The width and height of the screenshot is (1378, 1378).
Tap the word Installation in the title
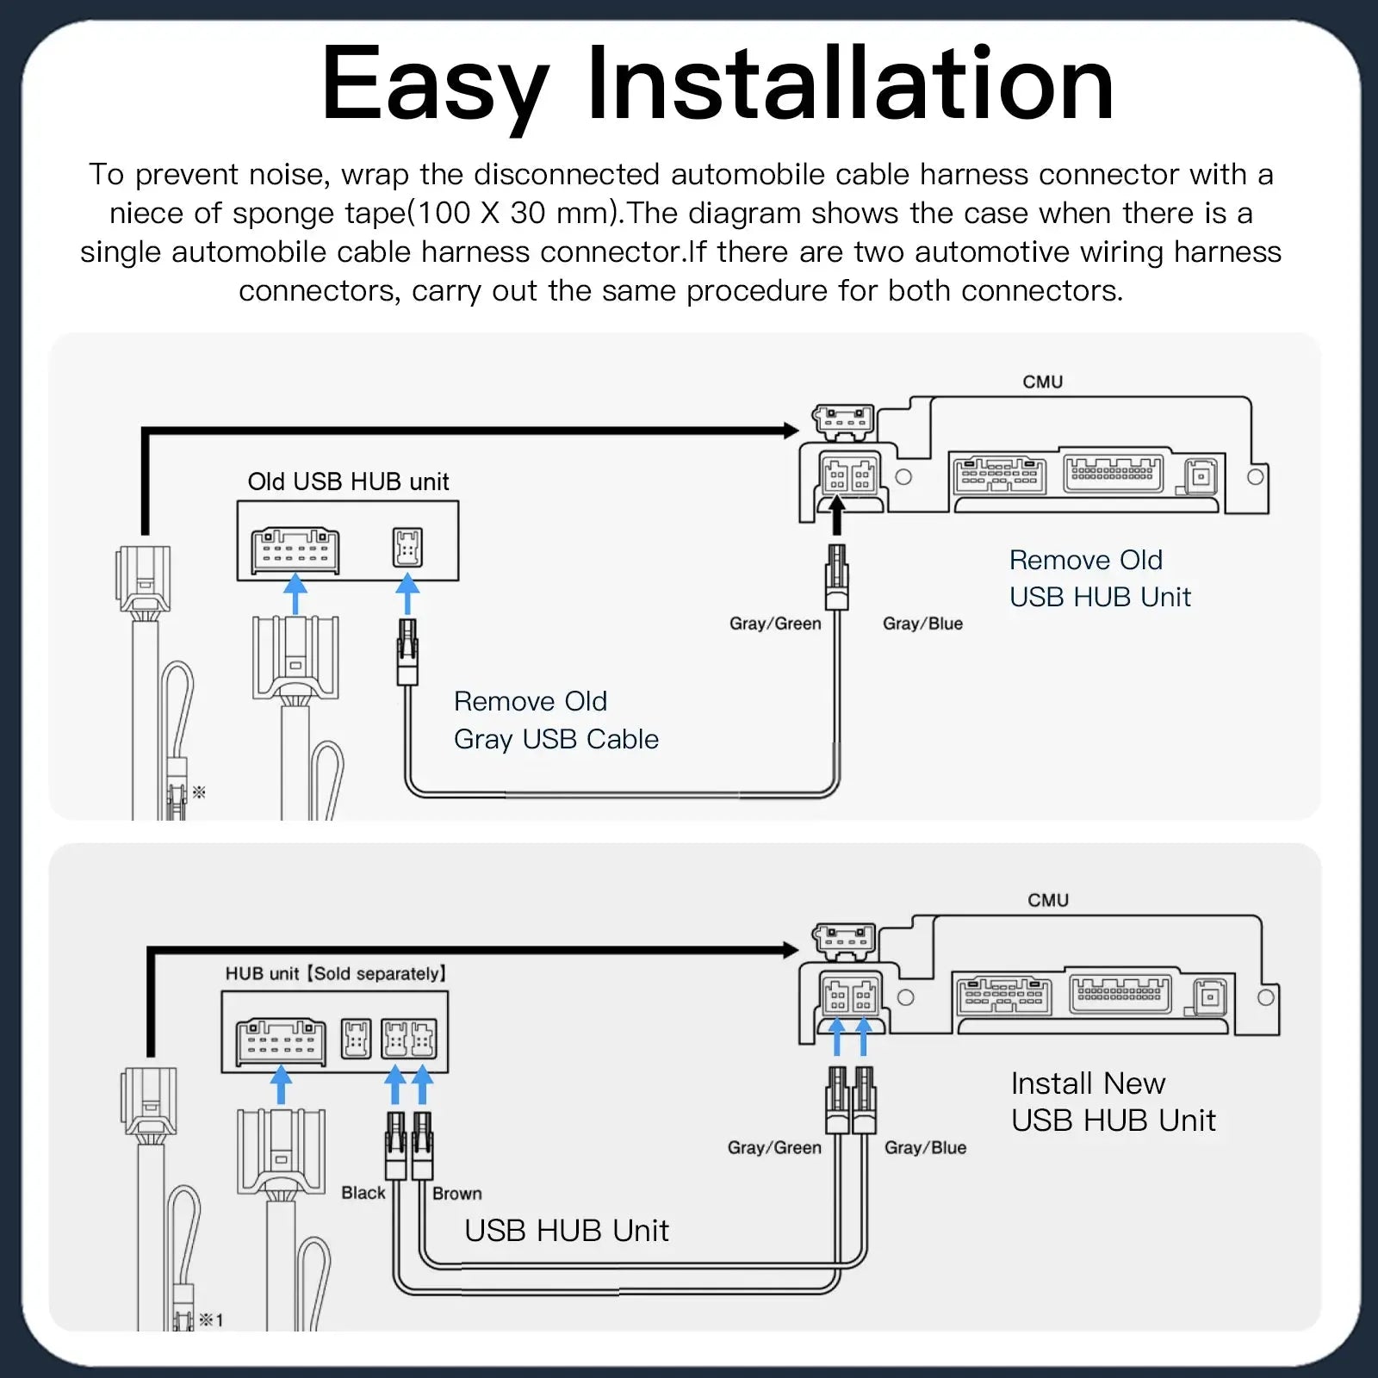[x=850, y=84]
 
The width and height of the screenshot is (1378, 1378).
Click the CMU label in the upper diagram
[x=1042, y=382]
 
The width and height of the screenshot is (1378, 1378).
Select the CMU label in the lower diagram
[x=1047, y=900]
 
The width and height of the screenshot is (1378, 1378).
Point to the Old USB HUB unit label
[x=348, y=481]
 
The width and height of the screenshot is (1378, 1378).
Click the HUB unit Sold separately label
[x=336, y=973]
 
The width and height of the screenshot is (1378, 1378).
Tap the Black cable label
[x=363, y=1193]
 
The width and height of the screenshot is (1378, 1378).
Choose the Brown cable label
[x=456, y=1194]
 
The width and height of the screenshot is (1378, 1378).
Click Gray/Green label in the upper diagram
[x=774, y=624]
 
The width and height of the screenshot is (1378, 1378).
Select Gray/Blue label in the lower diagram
[x=925, y=1147]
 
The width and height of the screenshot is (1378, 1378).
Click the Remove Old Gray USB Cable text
[x=556, y=720]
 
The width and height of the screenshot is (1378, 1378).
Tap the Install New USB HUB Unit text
[x=1112, y=1102]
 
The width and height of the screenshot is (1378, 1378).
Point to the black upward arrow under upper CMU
[x=835, y=518]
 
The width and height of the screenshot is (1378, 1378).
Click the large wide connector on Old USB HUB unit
[x=295, y=551]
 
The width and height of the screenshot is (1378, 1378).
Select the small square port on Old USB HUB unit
[x=407, y=547]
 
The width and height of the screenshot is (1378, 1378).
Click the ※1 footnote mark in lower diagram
[x=211, y=1319]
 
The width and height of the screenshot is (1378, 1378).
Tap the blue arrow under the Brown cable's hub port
[x=423, y=1084]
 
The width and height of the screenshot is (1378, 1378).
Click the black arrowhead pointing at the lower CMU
[x=791, y=950]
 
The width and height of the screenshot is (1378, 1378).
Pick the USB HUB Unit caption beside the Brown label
[x=566, y=1231]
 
